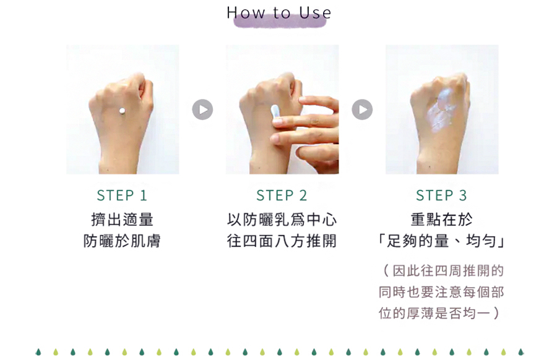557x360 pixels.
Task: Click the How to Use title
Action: pos(279,13)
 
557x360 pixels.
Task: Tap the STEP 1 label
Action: pos(122,195)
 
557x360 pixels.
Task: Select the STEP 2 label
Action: pos(282,195)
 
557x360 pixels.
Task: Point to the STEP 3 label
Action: pos(441,195)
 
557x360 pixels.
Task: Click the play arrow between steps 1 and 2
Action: pos(202,109)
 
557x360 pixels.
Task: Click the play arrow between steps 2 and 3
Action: pos(362,109)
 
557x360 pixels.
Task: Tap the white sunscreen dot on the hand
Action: pos(122,111)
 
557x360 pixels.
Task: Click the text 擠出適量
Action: pos(122,220)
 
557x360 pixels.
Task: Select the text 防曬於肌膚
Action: pos(122,241)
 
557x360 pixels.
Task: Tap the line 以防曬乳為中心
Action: pos(282,220)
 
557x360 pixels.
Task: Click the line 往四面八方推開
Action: pos(282,241)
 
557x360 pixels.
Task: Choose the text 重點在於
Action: pos(441,220)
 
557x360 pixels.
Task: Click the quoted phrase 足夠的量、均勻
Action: pos(441,241)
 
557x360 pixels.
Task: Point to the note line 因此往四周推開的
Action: pos(448,271)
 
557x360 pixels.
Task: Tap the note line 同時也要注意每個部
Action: pos(441,292)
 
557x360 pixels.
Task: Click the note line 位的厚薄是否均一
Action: pos(435,314)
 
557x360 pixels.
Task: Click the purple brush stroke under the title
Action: pos(280,21)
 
